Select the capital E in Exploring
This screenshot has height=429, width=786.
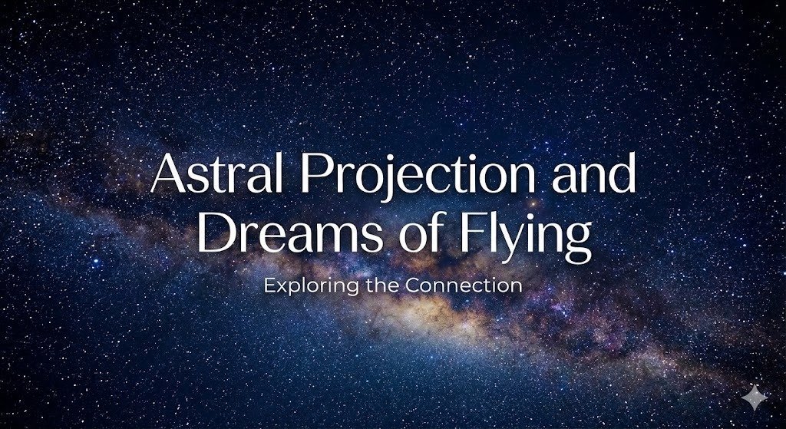[269, 285]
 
